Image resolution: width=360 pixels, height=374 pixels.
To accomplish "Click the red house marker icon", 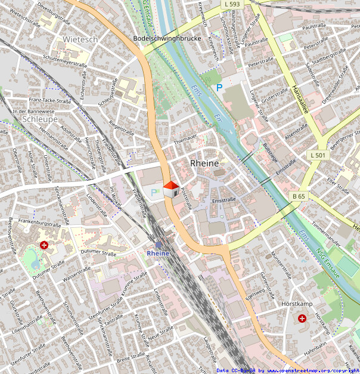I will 170,189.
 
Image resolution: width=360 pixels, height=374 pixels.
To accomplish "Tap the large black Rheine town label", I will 204,163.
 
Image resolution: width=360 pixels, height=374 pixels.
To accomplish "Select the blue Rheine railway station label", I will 158,253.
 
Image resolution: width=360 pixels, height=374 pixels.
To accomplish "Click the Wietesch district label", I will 80,39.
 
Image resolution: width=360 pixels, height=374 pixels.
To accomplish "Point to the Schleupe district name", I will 39,119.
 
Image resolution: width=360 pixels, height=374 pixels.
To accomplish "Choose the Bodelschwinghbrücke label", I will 162,38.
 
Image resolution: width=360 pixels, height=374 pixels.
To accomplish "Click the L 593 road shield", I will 233,4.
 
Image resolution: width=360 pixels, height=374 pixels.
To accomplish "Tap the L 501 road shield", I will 318,155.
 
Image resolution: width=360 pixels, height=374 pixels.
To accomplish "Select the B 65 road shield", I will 298,196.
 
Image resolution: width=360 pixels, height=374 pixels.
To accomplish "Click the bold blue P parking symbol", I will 219,88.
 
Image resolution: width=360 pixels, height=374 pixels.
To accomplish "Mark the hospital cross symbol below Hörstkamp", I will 302,319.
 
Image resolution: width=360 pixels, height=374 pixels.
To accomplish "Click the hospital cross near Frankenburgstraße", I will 44,245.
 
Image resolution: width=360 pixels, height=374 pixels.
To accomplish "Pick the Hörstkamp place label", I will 296,304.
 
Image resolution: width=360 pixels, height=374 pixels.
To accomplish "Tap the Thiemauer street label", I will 184,141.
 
